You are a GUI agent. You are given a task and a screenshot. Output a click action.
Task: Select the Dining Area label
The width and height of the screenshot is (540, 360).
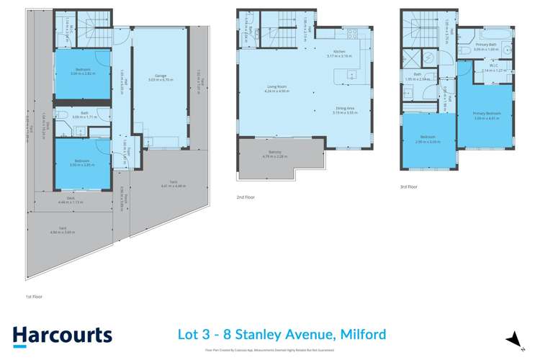[345, 109]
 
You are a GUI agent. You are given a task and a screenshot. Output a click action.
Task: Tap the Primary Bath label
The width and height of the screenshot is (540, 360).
[487, 46]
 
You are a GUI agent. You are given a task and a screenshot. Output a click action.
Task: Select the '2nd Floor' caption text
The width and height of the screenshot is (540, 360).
[246, 197]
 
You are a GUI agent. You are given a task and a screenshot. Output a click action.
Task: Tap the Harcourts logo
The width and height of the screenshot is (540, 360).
[63, 335]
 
